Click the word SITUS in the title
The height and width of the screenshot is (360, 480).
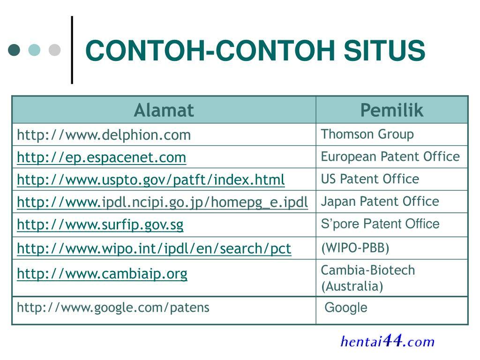coord(384,51)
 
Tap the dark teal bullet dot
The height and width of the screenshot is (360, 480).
coord(14,50)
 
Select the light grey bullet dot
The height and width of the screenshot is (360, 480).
coord(55,50)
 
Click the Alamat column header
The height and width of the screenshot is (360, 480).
coord(164,110)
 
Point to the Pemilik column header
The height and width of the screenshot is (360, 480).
coord(392,110)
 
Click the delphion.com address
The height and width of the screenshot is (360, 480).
coord(104,135)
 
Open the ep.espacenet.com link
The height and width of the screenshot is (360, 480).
coord(102,157)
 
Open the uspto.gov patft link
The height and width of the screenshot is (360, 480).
coord(151,180)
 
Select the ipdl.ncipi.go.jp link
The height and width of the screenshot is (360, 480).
coord(163,202)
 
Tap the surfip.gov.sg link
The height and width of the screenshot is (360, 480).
coord(100,225)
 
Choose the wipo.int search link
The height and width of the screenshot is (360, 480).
coord(154,248)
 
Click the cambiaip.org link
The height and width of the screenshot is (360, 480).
coord(102,274)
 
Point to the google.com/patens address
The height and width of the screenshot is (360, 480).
coord(113,307)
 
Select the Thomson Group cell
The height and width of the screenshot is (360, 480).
coord(367,135)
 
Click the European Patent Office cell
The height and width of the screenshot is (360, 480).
coord(390,157)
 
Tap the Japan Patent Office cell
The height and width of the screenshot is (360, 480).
coord(380,202)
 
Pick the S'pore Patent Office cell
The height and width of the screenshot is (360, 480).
coord(380,224)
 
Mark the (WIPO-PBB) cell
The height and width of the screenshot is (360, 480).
coord(355,247)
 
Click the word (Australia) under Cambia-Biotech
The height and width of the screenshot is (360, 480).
coord(352,286)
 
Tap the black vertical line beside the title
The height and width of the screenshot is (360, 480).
coord(72,50)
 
